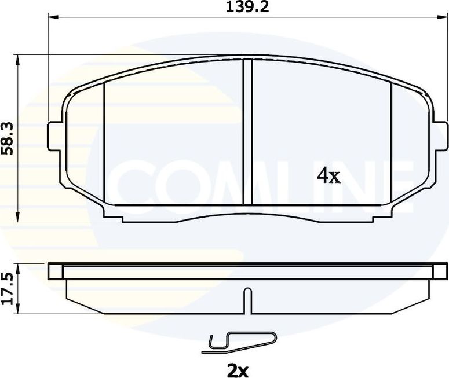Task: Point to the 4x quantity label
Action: (x=328, y=176)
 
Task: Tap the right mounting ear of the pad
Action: (x=440, y=133)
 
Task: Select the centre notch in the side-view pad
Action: (x=247, y=300)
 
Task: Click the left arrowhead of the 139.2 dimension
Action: (x=51, y=18)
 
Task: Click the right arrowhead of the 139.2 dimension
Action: (x=443, y=18)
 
